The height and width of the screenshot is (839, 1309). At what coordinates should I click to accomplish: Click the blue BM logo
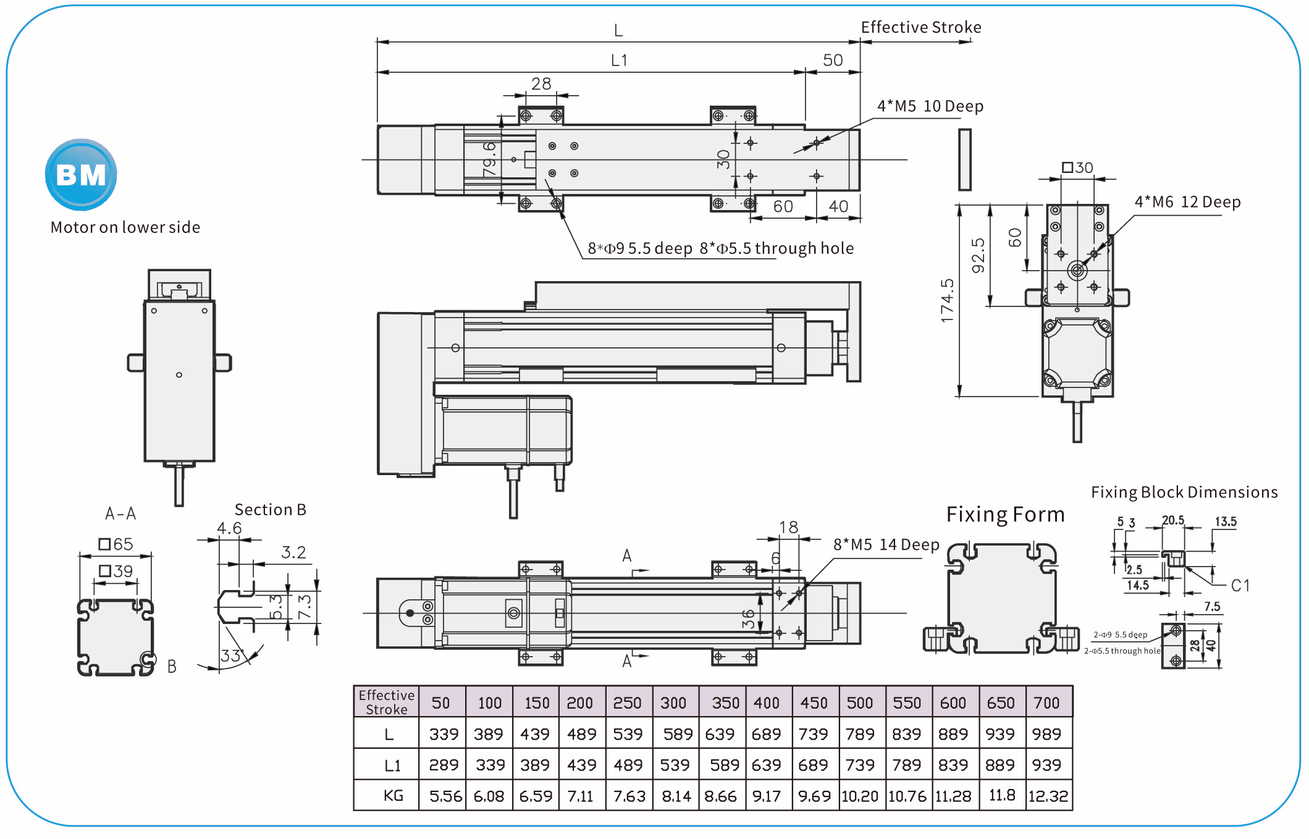click(81, 175)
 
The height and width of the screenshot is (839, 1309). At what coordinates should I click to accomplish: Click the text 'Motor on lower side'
click(125, 227)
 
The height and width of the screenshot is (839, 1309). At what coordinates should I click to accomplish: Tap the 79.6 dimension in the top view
click(489, 159)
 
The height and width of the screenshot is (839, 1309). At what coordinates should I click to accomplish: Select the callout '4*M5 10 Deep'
click(930, 106)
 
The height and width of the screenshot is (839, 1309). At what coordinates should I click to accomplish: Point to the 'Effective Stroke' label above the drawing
click(920, 27)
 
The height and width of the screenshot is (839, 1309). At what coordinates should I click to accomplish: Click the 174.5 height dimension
click(947, 300)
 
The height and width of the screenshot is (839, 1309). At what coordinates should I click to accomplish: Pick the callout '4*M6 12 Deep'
click(1187, 202)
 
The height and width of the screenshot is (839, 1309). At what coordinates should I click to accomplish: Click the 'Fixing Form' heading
click(1005, 514)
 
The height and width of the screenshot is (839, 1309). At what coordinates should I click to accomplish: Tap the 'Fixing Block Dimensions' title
click(1184, 492)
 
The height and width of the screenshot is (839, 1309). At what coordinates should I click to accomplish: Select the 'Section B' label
click(270, 510)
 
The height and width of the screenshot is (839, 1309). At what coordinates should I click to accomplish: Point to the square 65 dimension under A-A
click(116, 544)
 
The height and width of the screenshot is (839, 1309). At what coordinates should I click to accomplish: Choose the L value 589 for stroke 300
click(677, 734)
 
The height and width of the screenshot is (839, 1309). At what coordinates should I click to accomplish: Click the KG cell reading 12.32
click(1048, 796)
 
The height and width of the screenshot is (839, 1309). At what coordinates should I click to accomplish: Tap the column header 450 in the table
click(814, 703)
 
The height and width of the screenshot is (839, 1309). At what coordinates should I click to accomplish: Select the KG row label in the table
click(393, 796)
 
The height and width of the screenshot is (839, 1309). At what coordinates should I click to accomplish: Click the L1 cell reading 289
click(444, 765)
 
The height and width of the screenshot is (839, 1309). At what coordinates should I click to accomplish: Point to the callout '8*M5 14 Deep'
click(886, 544)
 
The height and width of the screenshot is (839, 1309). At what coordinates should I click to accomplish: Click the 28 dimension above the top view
click(541, 83)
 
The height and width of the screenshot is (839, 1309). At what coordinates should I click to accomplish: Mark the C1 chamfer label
click(1240, 585)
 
